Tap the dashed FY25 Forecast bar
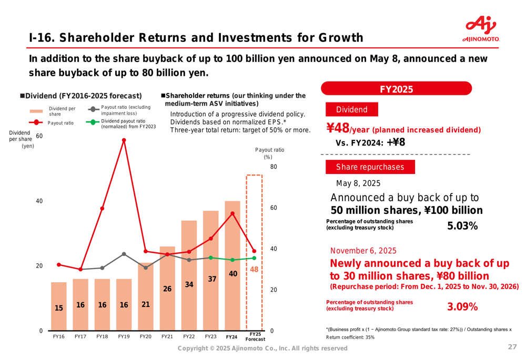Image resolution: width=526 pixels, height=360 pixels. [x=254, y=252]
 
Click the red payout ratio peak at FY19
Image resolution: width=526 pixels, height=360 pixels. [x=124, y=140]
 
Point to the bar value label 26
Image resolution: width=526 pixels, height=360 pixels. [x=167, y=289]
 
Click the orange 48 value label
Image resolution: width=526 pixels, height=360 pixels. [x=254, y=269]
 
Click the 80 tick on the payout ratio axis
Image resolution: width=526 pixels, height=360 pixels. [x=273, y=167]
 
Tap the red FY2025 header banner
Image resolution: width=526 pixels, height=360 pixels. [x=396, y=89]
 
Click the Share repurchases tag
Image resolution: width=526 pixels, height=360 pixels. [x=370, y=167]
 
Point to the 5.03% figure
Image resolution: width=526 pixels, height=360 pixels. [x=462, y=226]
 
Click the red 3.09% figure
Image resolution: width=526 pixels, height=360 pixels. [x=462, y=306]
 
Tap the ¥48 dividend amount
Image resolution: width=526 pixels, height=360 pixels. [x=338, y=129]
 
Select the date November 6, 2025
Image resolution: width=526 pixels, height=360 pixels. [x=363, y=251]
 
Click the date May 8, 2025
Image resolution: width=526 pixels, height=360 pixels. [x=358, y=183]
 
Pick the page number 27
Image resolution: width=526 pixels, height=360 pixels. [x=512, y=347]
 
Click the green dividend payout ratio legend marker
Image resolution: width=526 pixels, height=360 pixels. [x=93, y=124]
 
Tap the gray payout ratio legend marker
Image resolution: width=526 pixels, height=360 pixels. [x=93, y=109]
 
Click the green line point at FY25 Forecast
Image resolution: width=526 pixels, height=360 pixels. [x=254, y=258]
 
